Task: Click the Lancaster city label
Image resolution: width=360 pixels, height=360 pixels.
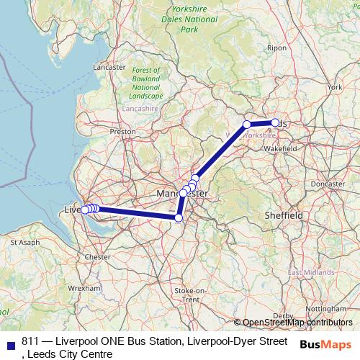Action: click(x=109, y=67)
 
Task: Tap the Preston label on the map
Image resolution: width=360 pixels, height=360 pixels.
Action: click(x=122, y=132)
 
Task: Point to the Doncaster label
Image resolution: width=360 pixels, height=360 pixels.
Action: click(x=330, y=184)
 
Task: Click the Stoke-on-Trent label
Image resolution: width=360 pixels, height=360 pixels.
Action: click(x=190, y=294)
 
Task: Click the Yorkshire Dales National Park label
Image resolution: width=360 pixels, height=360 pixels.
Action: click(x=190, y=20)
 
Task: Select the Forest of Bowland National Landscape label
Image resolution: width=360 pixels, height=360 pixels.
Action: click(x=146, y=83)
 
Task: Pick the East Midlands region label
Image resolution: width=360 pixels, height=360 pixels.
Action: click(x=310, y=273)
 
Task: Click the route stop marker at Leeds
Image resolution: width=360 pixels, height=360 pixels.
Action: click(x=275, y=122)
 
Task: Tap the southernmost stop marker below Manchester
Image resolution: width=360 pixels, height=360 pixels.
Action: click(x=179, y=217)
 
